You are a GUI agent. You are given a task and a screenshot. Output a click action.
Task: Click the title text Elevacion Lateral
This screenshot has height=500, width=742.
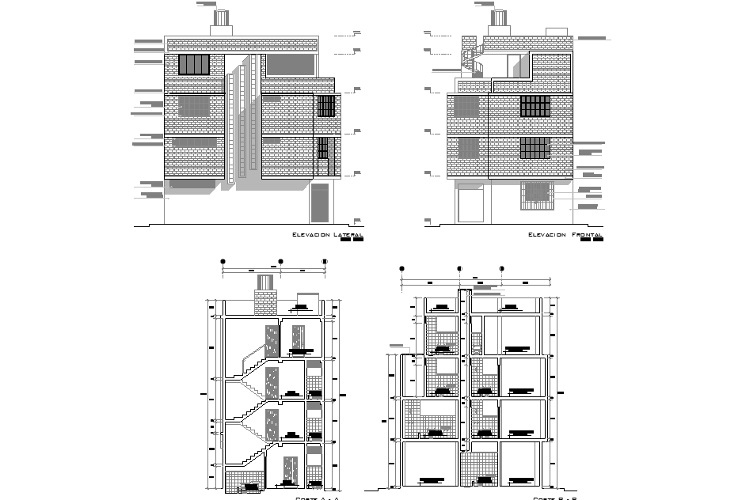coord(327,235)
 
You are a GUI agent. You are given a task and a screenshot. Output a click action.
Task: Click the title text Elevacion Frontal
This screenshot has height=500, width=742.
coord(565,235)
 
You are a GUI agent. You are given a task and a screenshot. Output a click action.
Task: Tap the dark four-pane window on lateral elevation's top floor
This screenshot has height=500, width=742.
coord(194,65)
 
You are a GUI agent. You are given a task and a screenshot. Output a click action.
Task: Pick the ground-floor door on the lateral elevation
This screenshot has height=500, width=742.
coord(320,203)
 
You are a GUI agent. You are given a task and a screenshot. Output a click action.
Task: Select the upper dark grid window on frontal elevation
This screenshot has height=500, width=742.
coord(535,107)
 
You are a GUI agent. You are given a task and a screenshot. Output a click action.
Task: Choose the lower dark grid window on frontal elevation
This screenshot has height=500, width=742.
coord(535,148)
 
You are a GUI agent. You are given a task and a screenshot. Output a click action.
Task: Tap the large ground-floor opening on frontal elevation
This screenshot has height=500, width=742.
coord(471,203)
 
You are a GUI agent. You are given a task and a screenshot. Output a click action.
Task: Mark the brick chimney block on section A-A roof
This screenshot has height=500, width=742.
coord(264,302)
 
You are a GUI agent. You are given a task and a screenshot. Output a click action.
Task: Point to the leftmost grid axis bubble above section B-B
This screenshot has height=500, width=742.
coord(401,269)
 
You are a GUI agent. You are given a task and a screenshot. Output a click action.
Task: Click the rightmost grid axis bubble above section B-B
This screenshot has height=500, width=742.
coord(501,269)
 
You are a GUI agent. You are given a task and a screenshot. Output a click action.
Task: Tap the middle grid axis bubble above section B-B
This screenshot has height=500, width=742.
coord(460,269)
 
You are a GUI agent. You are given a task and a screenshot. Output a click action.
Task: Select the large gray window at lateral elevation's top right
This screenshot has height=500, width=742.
coord(291,65)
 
